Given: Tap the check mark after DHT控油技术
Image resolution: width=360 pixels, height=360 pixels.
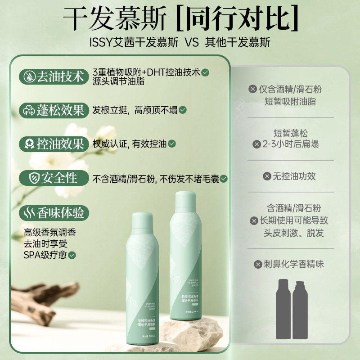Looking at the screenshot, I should (205, 72).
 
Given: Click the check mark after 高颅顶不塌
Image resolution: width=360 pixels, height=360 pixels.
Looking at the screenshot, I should (183, 110).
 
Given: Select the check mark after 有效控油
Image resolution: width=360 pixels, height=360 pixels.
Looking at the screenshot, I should (171, 144).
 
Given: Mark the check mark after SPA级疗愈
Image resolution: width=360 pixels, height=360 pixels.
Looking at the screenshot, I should (72, 255).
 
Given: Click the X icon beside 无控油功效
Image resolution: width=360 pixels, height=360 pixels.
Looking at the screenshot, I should (267, 176).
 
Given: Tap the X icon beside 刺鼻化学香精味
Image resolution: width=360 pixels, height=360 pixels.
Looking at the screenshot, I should (258, 264).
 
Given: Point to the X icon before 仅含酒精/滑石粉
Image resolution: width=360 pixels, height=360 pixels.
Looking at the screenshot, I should (253, 89).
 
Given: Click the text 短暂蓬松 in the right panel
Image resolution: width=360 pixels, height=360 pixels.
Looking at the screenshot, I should (291, 133).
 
